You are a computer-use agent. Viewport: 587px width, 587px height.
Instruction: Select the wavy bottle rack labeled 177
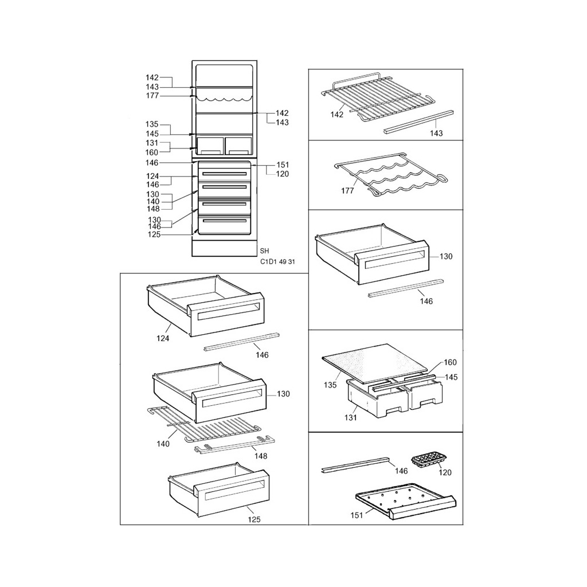[389, 174]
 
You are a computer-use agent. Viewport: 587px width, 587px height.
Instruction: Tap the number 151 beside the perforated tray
[357, 515]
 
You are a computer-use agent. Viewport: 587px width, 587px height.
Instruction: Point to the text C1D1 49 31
[277, 261]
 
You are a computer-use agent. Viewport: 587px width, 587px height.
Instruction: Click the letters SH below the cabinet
[264, 251]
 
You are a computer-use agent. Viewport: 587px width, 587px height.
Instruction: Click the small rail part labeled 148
[234, 444]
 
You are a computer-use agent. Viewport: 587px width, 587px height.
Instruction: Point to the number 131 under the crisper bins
[350, 417]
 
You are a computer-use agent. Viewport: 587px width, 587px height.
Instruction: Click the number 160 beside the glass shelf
[450, 362]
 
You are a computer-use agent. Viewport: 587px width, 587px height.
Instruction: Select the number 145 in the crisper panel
[451, 377]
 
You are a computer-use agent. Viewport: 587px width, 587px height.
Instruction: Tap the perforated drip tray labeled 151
[405, 501]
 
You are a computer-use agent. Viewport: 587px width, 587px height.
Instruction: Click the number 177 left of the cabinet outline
[152, 96]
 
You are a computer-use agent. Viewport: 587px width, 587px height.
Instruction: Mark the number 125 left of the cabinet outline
[154, 234]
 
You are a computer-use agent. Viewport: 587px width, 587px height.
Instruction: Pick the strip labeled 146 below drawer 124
[242, 341]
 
